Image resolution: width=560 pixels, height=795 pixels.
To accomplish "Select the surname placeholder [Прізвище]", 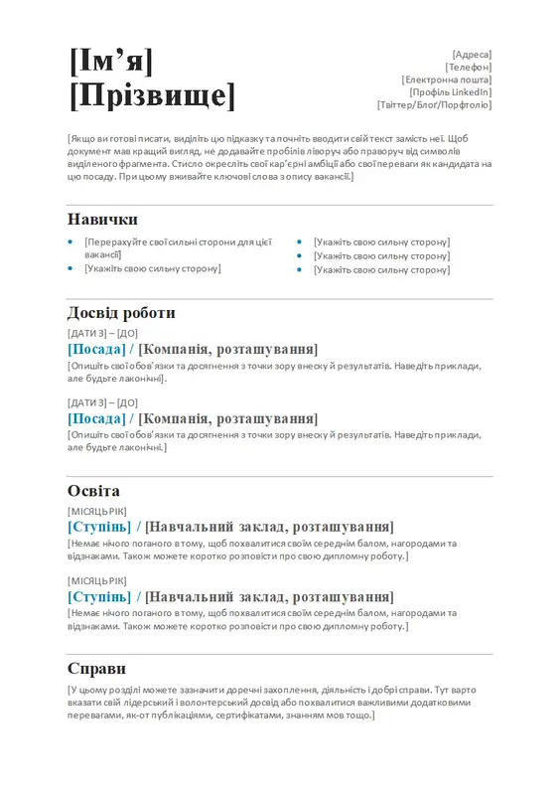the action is [x=153, y=96].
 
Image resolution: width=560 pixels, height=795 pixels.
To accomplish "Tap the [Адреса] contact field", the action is [x=472, y=54].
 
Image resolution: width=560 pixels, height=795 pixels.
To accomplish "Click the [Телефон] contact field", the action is [x=469, y=67].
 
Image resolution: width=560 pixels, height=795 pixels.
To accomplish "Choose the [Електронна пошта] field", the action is [x=447, y=79].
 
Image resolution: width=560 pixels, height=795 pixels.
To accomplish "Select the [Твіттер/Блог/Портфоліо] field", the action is [x=434, y=104].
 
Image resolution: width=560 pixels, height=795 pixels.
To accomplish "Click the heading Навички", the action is [x=102, y=220].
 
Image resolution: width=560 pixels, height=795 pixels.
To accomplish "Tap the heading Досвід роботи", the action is [x=121, y=313].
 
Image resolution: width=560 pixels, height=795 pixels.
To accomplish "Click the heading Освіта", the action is [x=93, y=491].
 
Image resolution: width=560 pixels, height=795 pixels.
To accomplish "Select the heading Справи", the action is [x=96, y=669].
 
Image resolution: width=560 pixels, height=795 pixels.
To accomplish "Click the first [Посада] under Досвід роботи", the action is [x=97, y=349].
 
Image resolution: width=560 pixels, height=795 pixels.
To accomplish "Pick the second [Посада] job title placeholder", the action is [x=97, y=418].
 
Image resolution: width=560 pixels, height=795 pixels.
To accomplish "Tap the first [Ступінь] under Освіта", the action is [x=99, y=527].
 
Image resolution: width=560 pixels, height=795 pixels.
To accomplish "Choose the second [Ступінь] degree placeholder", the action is [x=99, y=596].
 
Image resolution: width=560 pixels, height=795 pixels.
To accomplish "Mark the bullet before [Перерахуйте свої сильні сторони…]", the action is [x=70, y=241].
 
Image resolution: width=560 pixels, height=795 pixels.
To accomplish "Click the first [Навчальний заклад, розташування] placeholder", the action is [x=269, y=527].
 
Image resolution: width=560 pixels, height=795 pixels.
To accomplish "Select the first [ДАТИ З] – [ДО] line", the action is [x=102, y=333].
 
